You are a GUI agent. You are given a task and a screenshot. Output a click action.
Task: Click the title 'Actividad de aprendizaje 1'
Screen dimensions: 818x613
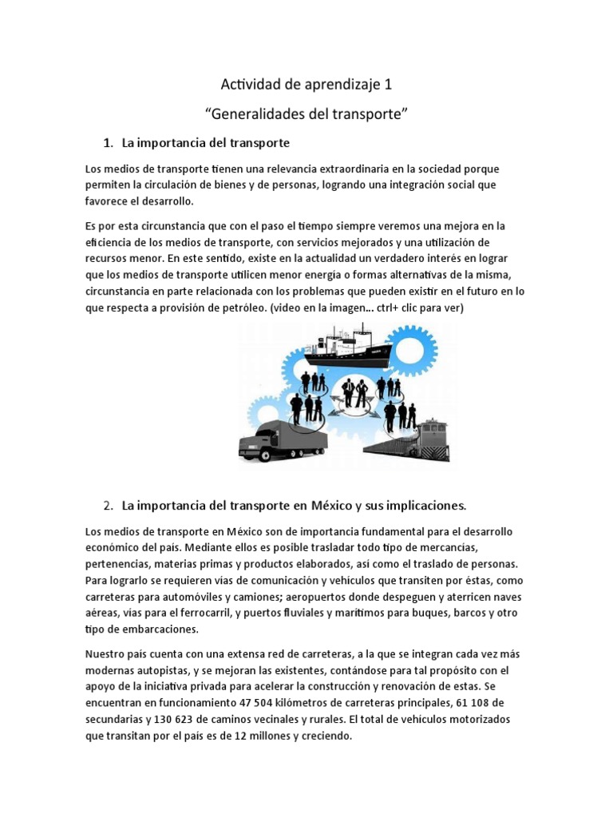tap(306, 84)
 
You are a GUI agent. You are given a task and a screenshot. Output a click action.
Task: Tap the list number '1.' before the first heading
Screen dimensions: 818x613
tap(109, 144)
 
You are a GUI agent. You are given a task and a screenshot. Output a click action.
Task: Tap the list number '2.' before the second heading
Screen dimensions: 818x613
tap(109, 506)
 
